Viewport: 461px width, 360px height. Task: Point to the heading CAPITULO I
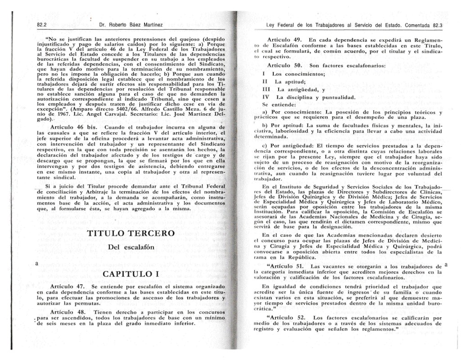131,274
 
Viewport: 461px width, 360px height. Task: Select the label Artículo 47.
68,286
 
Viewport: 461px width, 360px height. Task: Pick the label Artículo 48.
68,312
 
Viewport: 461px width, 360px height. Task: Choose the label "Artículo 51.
286,266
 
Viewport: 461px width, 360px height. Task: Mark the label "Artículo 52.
286,318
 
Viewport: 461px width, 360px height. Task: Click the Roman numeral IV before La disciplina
265,97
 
